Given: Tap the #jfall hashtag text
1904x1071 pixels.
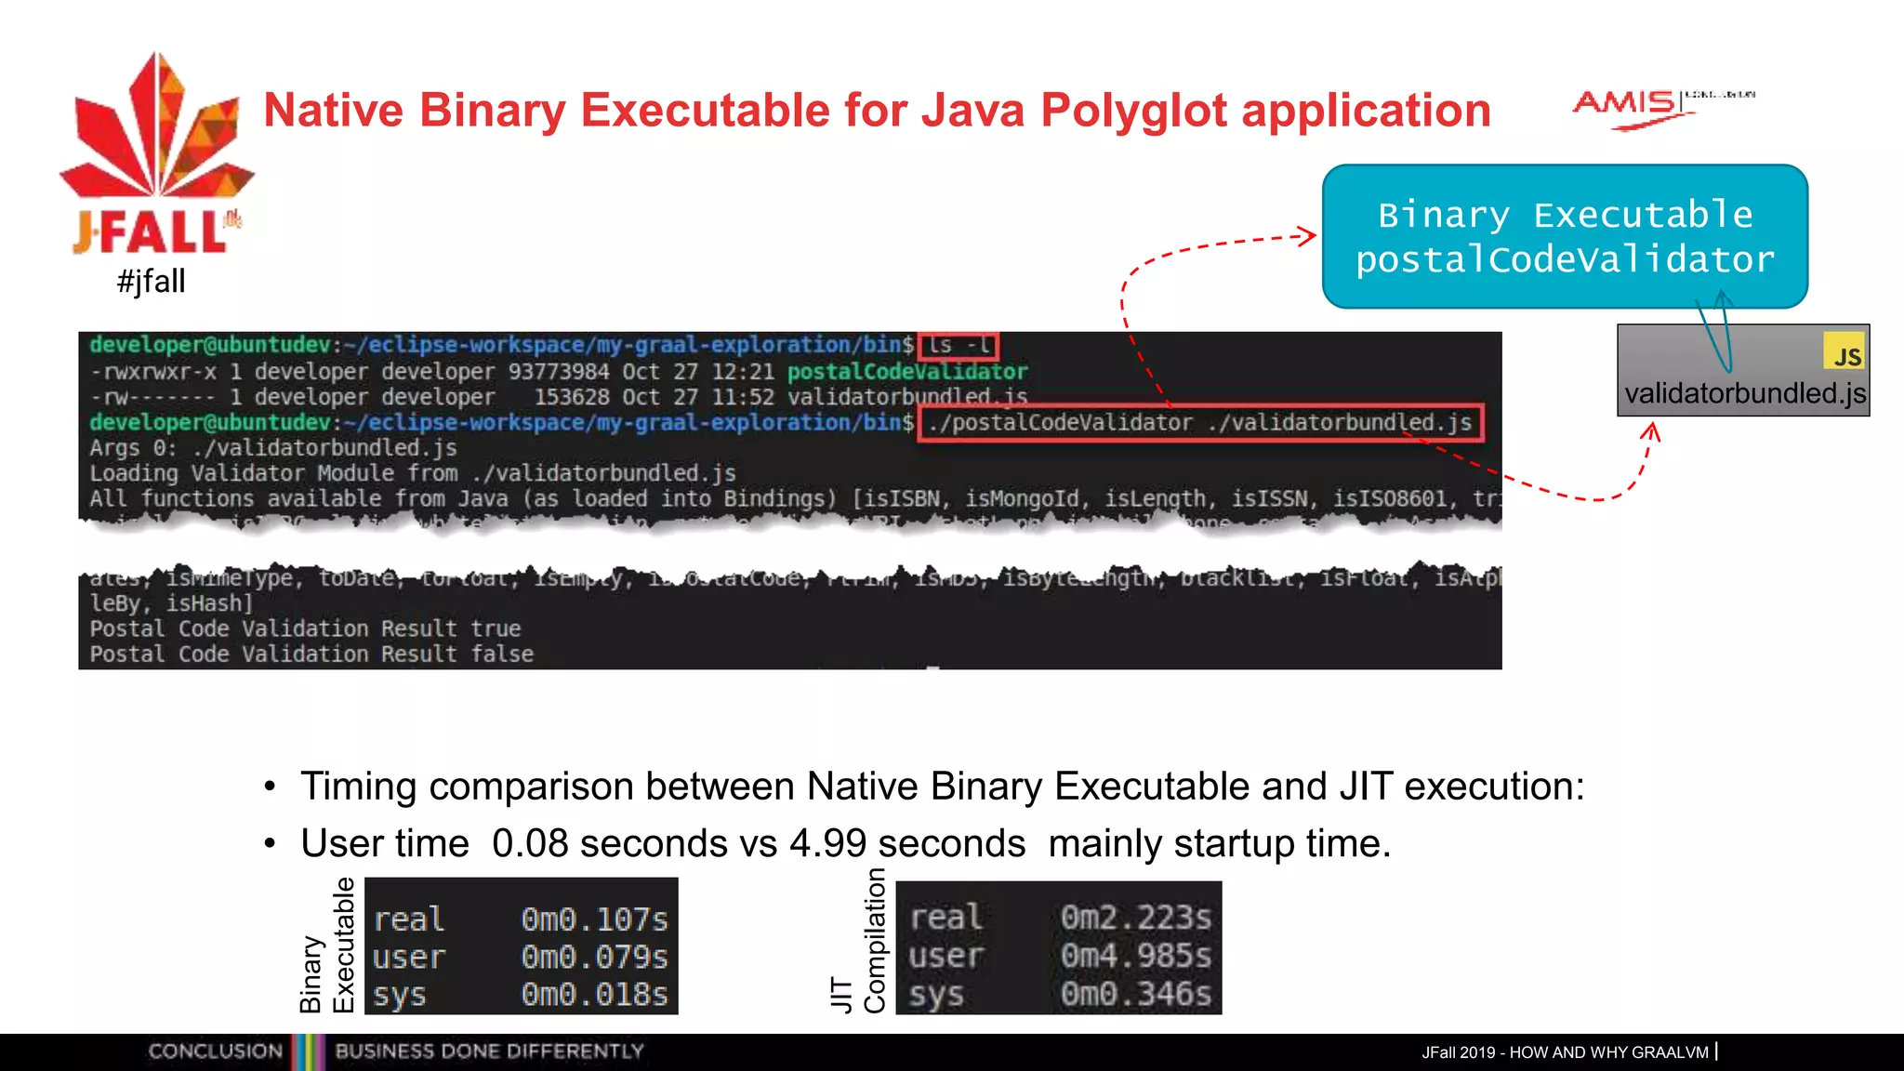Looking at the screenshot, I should pos(152,281).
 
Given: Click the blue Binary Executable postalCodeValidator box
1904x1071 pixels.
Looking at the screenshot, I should pos(1565,236).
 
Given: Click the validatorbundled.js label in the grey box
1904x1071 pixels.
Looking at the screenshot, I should pos(1744,393).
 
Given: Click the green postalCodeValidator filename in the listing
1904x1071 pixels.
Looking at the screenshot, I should pos(907,372).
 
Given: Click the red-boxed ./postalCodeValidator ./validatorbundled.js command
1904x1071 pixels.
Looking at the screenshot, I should pos(1199,423).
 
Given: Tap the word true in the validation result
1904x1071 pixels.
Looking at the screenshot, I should pos(496,628).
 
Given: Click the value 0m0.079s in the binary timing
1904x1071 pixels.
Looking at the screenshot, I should pos(594,957).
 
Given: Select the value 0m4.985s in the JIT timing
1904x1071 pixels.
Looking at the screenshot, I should pos(1135,955).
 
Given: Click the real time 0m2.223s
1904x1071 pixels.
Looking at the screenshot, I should pos(1135,918).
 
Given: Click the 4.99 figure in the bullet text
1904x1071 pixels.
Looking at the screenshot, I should pos(827,843).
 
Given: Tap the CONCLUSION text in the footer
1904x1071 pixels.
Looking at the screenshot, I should pos(215,1051).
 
